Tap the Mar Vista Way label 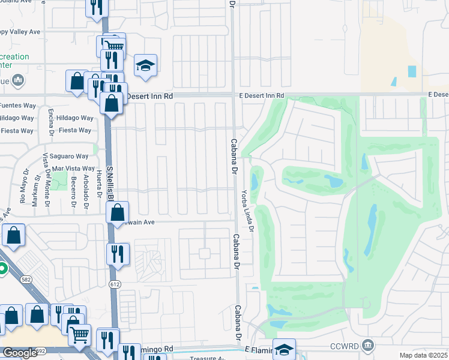click(x=73, y=169)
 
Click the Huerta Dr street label click(x=98, y=192)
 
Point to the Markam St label click(x=36, y=196)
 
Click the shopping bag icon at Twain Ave click(x=118, y=211)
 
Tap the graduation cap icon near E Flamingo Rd click(x=284, y=349)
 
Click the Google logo click(x=20, y=353)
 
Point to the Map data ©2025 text click(x=423, y=355)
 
